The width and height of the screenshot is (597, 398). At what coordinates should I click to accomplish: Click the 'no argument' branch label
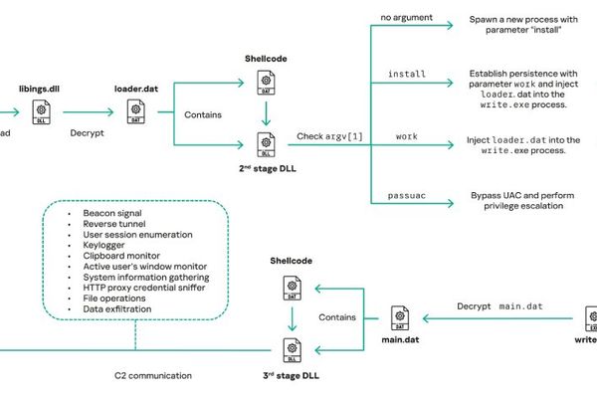point(406,18)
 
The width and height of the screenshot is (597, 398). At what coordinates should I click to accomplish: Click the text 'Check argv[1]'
point(329,135)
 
